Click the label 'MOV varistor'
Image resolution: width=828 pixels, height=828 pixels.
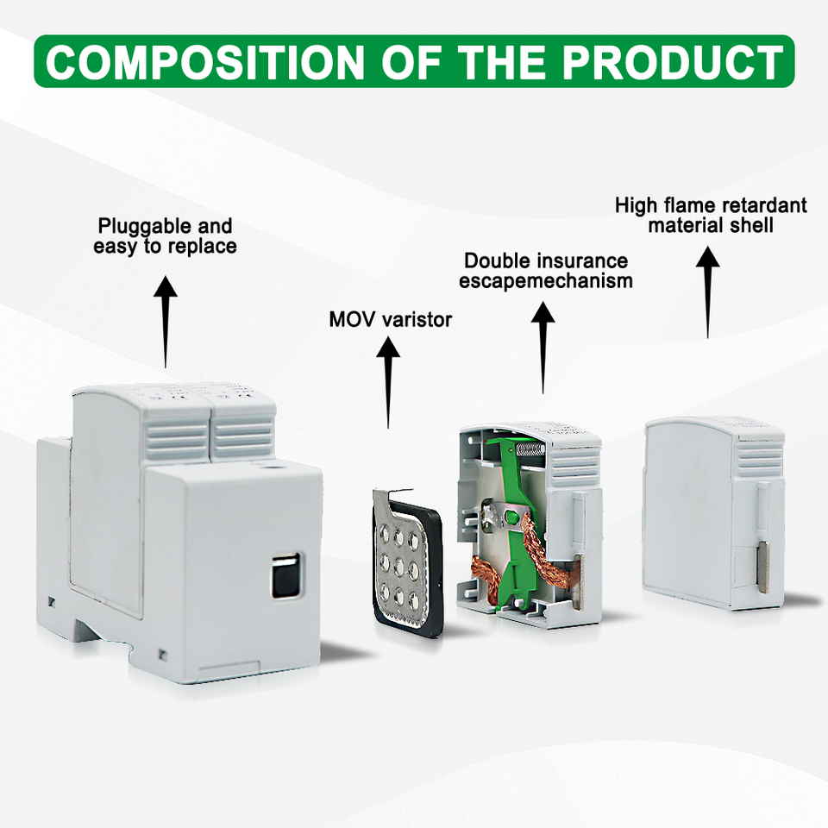[390, 320]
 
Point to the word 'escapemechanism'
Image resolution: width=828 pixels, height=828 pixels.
[545, 281]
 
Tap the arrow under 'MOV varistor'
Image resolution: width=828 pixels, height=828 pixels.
[388, 379]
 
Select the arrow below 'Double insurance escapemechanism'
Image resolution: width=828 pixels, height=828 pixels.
[543, 345]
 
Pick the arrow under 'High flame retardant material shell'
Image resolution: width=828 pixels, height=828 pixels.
[708, 289]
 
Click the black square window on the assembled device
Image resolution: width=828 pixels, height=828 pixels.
[282, 575]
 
